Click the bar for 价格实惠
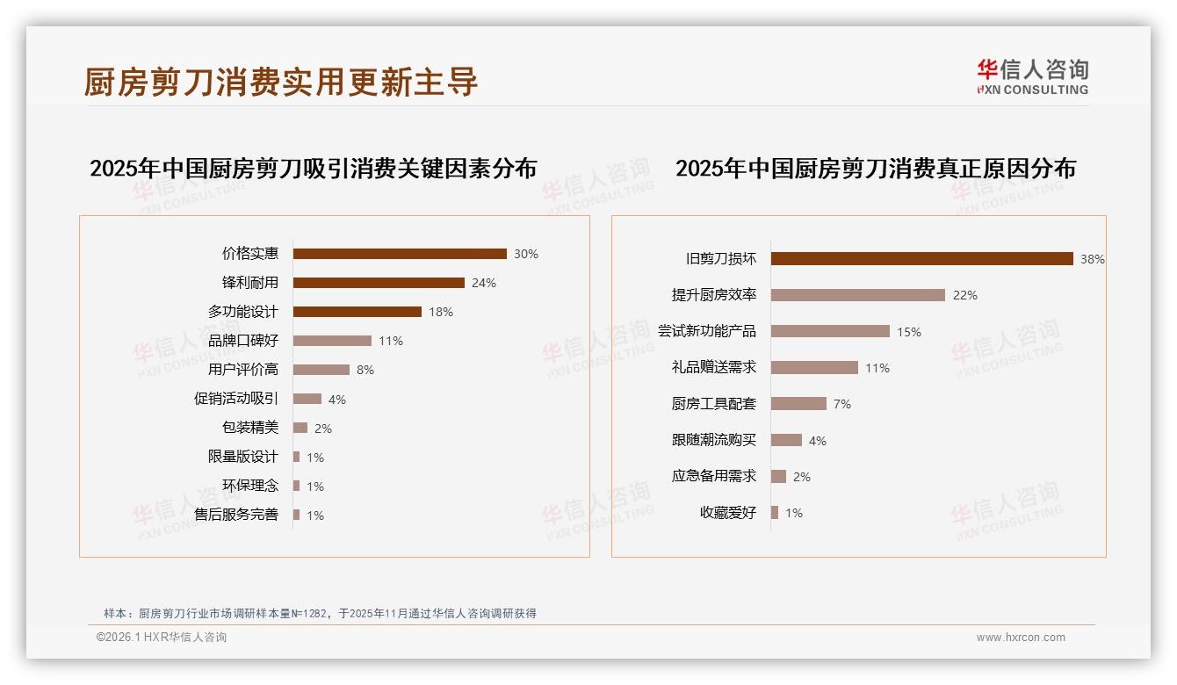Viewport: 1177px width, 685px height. click(x=400, y=254)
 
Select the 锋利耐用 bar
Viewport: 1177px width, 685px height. click(x=379, y=283)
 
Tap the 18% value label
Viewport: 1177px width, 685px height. click(x=441, y=312)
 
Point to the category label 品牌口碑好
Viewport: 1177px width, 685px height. click(x=242, y=341)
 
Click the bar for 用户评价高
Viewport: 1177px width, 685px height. click(x=321, y=370)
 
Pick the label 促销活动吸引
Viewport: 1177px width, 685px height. click(x=235, y=399)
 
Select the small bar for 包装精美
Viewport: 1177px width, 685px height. click(x=300, y=428)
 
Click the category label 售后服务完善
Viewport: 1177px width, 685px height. click(x=235, y=515)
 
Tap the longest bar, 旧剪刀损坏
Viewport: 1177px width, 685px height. click(x=922, y=259)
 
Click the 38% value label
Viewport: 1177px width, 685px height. click(x=1093, y=259)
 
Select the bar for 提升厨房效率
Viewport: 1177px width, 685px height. click(x=858, y=295)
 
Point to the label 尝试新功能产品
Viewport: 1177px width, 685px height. click(x=706, y=331)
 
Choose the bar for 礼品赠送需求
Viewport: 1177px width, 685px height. click(x=814, y=368)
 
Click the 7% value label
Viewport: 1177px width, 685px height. click(x=842, y=404)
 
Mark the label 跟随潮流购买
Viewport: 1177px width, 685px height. click(x=713, y=440)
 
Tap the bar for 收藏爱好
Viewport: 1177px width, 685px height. click(x=775, y=513)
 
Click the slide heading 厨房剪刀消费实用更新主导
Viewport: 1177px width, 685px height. click(x=281, y=81)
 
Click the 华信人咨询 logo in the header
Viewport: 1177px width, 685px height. click(x=1032, y=76)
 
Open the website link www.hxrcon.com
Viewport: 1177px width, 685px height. click(x=1021, y=638)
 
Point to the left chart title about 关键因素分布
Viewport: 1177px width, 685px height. click(x=313, y=168)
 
